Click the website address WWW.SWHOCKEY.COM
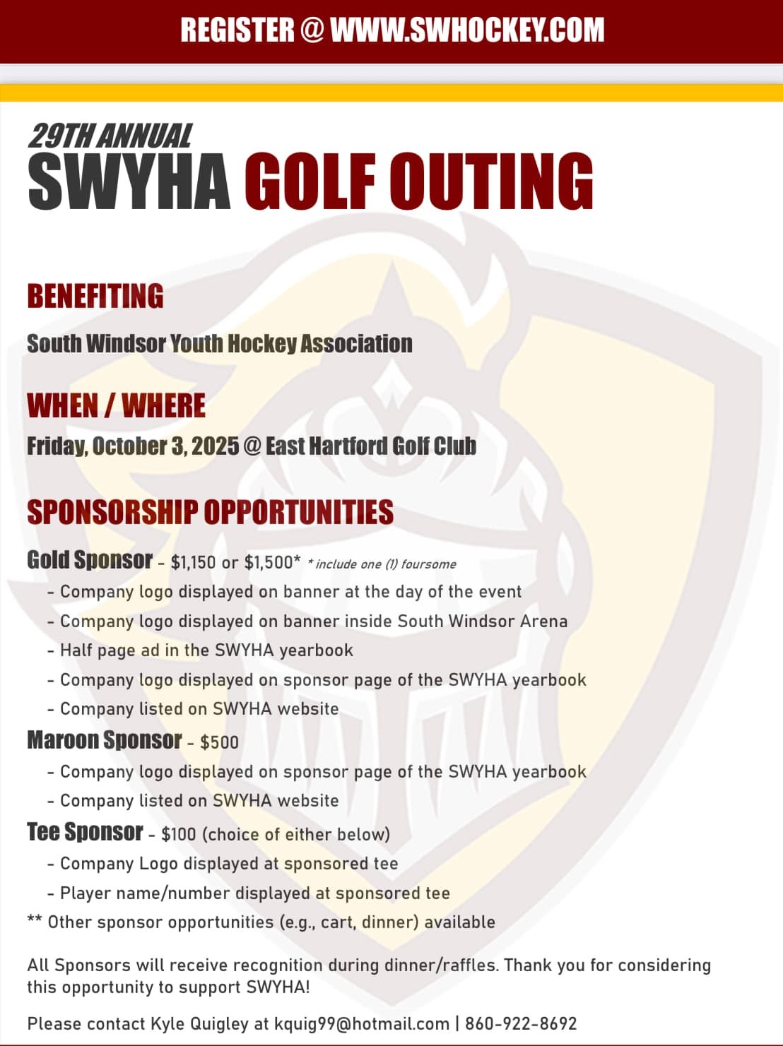coord(467,30)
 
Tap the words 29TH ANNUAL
coord(110,136)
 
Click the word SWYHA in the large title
coord(129,182)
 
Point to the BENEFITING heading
coord(95,296)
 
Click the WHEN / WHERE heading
coord(116,406)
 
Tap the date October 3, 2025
coord(165,446)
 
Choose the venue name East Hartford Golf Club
coord(371,446)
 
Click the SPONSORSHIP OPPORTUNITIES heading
coord(210,512)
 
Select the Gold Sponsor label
coord(90,560)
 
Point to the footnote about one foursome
coord(382,564)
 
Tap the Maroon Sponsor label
coord(105,740)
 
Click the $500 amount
coord(219,742)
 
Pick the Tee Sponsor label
coord(85,832)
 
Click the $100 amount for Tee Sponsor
coord(178,834)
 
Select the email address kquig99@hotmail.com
coord(362,1023)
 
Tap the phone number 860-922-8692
coord(521,1023)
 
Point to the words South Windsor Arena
coord(482,622)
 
